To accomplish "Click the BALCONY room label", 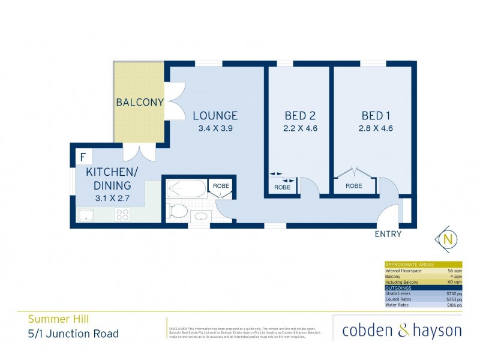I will (140, 103).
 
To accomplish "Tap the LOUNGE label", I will (215, 116).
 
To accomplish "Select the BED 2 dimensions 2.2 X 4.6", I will (300, 127).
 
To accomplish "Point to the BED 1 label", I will (376, 116).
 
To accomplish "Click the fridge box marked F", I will (82, 158).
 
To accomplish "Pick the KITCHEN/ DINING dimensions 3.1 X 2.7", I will (112, 196).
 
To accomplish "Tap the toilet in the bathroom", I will (178, 211).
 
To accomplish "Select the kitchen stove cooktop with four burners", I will (123, 214).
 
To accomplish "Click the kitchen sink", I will (87, 214).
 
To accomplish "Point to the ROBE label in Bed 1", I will (354, 186).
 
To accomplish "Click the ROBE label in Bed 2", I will (282, 187).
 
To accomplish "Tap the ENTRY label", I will (388, 234).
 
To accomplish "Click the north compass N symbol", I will (447, 239).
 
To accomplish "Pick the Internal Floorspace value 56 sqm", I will (453, 271).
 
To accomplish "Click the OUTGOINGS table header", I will (398, 288).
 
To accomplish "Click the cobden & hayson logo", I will (401, 330).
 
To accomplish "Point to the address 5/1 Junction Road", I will (73, 334).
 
